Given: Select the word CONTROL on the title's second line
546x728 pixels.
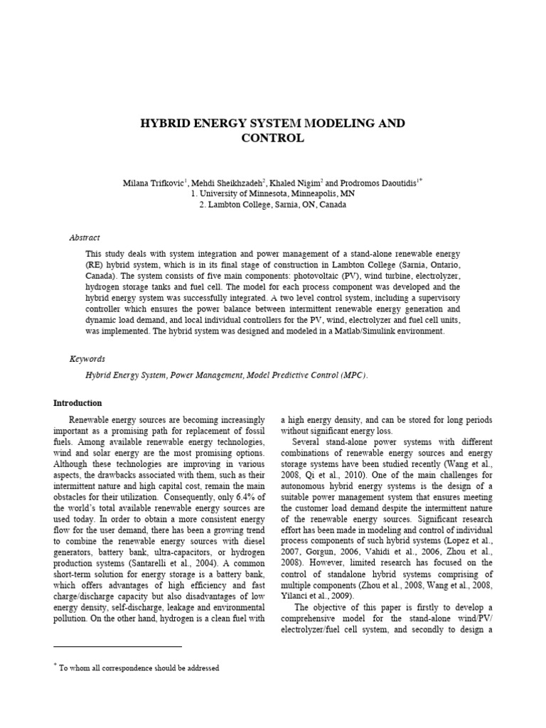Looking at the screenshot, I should [273, 138].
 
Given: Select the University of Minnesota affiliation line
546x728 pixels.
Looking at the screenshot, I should [272, 194].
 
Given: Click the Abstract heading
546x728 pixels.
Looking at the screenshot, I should [85, 237].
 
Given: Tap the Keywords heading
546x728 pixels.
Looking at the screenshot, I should [87, 359].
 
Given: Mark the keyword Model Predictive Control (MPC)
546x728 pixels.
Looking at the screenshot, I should [307, 375].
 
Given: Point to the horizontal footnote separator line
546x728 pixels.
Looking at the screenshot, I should [119, 646].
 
